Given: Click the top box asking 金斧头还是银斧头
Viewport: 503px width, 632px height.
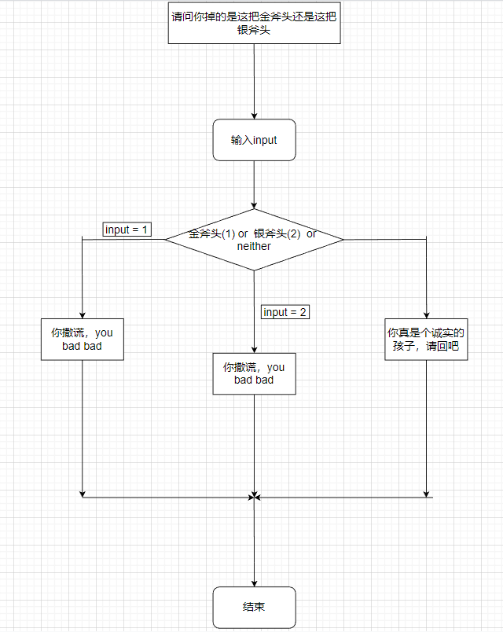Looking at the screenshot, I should tap(254, 23).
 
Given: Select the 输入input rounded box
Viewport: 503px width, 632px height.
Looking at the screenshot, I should tap(254, 140).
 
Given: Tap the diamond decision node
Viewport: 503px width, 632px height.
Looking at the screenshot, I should tap(254, 239).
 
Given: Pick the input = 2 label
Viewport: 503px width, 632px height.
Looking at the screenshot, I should tap(285, 312).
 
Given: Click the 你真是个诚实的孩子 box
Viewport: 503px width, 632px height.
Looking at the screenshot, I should tap(426, 339).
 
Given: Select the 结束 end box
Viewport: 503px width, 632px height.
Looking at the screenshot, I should tap(254, 607).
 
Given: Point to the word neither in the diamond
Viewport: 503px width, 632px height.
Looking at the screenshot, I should tap(254, 246).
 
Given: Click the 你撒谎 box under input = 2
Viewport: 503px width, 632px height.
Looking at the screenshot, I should tap(254, 373).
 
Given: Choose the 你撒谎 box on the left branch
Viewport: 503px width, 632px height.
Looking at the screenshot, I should tap(82, 339).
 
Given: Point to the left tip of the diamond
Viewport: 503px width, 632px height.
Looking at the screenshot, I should tap(166, 239).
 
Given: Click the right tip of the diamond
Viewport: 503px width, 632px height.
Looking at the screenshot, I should tap(342, 239).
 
